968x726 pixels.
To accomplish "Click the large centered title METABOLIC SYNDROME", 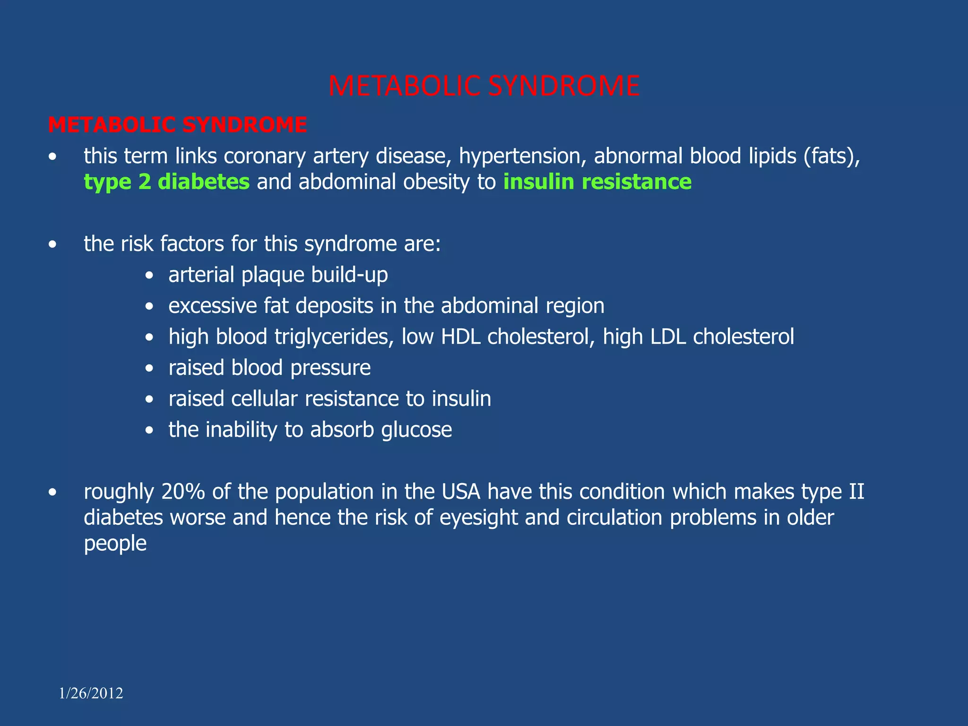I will (484, 86).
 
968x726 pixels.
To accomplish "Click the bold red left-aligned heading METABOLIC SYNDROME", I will (177, 125).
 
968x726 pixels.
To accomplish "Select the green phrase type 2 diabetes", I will (166, 182).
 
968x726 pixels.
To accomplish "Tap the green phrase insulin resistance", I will (597, 182).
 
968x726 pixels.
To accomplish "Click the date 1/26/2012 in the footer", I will (91, 693).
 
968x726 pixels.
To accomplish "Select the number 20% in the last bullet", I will (183, 492).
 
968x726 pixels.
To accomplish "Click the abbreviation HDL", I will (460, 337).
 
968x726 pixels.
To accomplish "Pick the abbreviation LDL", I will (668, 337).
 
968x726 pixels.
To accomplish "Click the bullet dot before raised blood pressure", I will (149, 368).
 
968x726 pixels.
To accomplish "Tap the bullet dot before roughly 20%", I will (52, 493).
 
